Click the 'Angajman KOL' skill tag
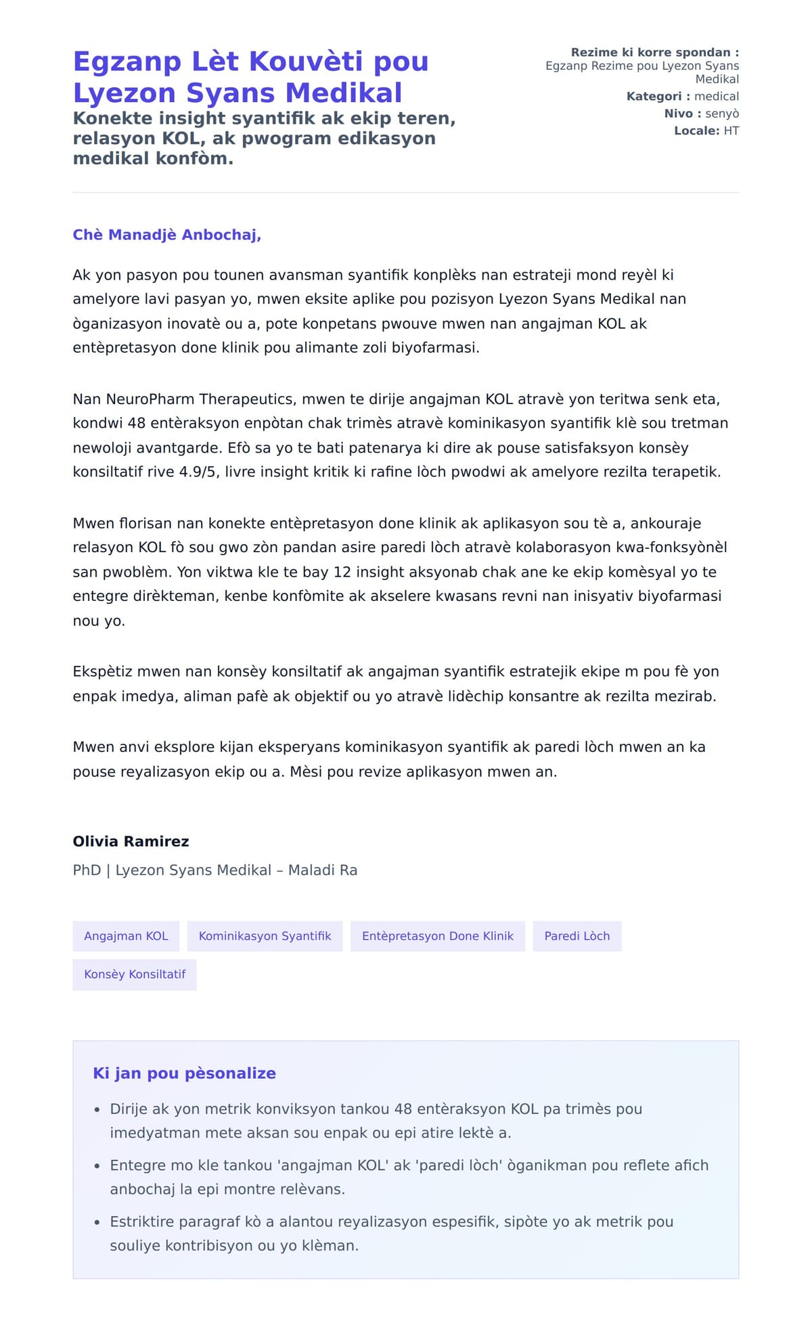tap(126, 936)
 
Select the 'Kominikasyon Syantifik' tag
tap(265, 936)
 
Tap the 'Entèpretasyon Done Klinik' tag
tap(437, 936)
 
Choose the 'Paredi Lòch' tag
tap(577, 936)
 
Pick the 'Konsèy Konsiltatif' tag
tap(135, 974)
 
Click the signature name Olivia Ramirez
tap(131, 841)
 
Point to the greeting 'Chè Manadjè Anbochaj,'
tap(167, 235)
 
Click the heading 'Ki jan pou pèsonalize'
tap(184, 1073)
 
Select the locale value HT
tap(731, 131)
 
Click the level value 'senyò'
tap(722, 114)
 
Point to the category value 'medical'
tap(717, 96)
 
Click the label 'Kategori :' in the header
tap(658, 96)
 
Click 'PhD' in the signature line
tap(87, 870)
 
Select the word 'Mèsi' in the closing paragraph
tap(307, 771)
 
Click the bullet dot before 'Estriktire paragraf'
tap(97, 1222)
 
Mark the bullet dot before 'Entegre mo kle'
tap(97, 1166)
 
